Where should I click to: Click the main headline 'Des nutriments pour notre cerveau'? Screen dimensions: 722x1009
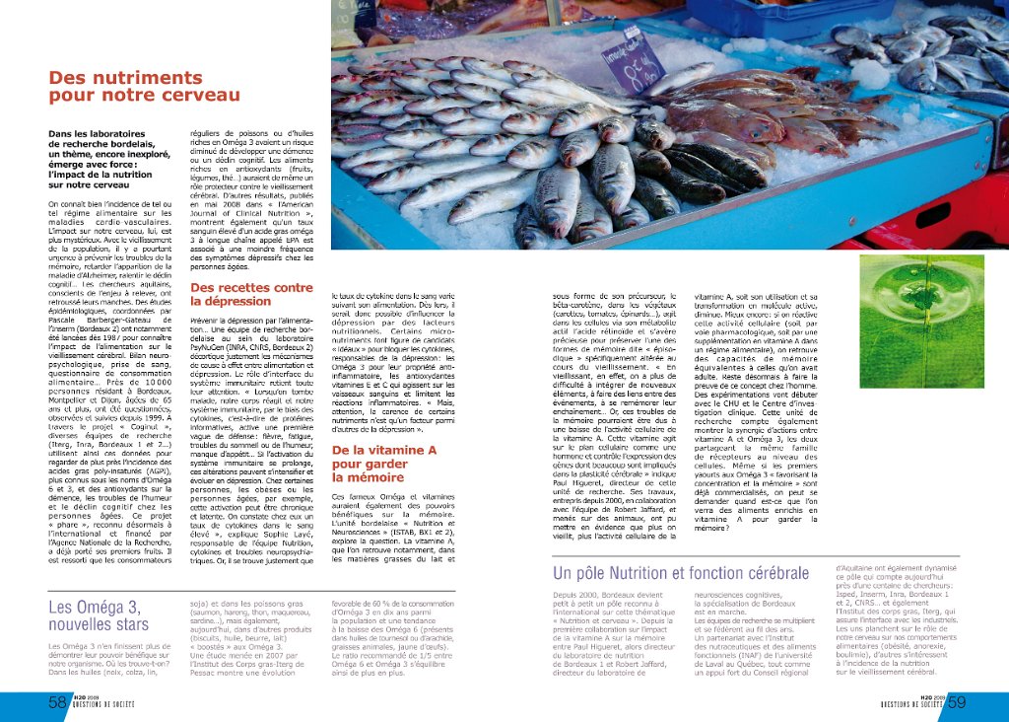click(144, 87)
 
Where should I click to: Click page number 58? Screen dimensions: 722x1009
click(57, 702)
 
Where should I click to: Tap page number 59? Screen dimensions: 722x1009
click(956, 702)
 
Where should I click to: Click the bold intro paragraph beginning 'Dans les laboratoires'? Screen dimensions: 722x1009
click(102, 158)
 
